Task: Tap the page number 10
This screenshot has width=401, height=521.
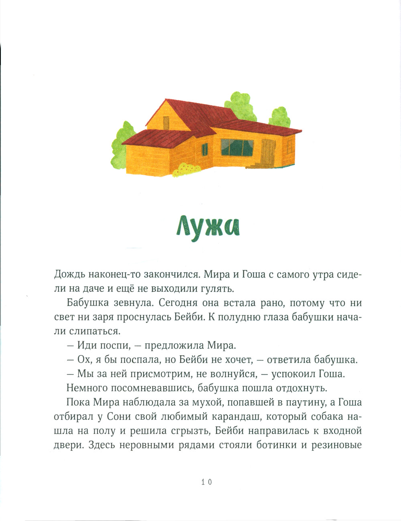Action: [207, 482]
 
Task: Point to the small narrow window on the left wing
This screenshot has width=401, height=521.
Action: [205, 150]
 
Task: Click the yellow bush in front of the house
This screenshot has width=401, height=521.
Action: [185, 170]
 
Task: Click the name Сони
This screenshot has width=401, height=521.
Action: [119, 417]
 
